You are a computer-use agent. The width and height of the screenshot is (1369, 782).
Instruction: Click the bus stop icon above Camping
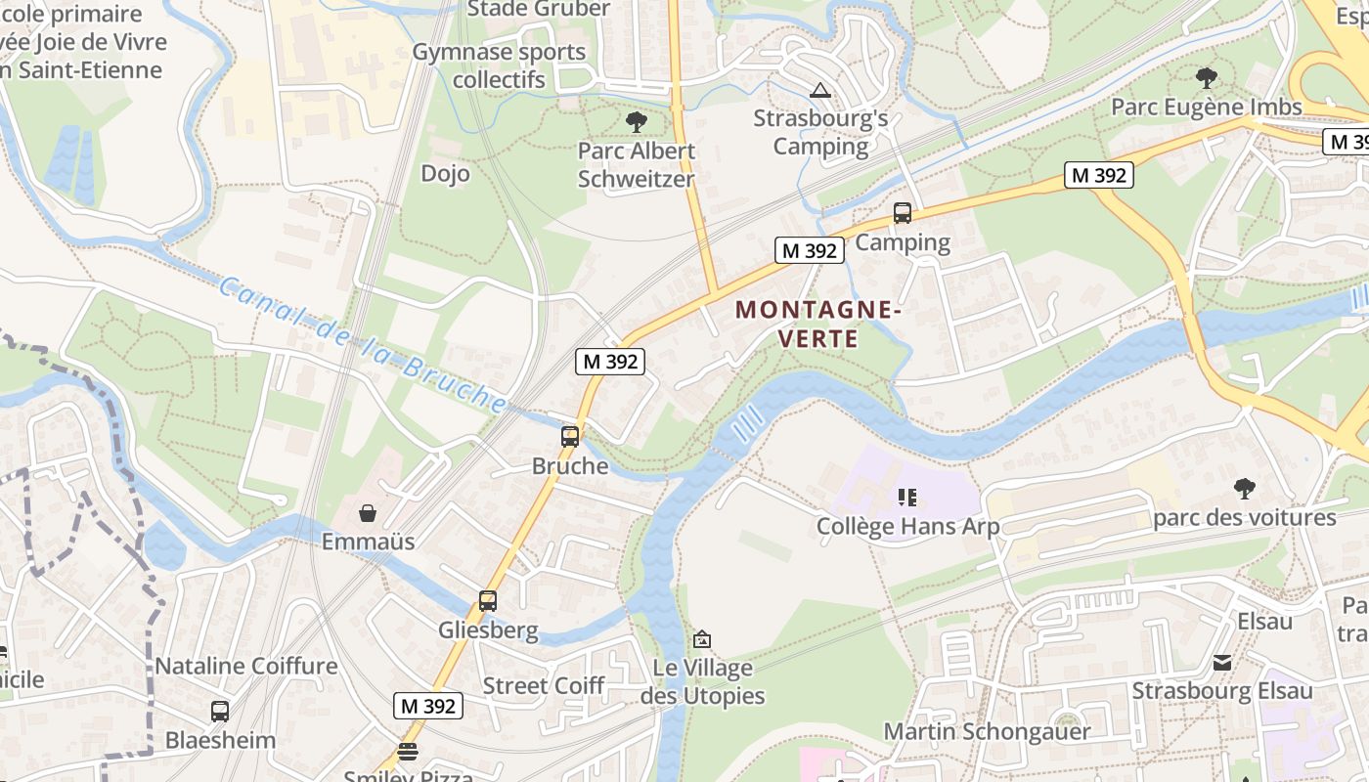[x=903, y=212]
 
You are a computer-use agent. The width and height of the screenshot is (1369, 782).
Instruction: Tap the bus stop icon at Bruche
[x=570, y=436]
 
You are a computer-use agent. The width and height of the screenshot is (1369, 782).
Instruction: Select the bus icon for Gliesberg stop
[x=488, y=600]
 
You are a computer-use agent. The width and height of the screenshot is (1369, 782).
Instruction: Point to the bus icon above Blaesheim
[x=220, y=711]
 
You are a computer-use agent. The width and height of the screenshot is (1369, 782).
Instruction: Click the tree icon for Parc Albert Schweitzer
[x=637, y=122]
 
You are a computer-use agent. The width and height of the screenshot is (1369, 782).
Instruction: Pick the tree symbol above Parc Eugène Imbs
[x=1207, y=77]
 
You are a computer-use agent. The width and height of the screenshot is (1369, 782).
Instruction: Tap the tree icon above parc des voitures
[x=1244, y=488]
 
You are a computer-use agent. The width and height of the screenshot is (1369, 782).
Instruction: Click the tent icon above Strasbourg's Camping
[x=820, y=91]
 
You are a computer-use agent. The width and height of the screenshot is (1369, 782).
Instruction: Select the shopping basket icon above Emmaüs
[x=368, y=513]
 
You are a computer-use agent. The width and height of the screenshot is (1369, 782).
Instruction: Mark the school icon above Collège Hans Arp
[x=907, y=498]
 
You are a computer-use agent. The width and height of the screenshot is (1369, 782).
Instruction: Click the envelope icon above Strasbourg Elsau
[x=1221, y=663]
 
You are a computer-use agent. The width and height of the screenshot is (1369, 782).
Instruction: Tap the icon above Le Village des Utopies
[x=701, y=639]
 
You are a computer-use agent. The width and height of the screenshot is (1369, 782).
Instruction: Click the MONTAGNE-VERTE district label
[x=817, y=325]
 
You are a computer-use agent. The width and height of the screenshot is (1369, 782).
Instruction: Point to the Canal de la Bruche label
[x=362, y=344]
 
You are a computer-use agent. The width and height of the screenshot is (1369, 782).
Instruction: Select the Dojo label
[x=445, y=174]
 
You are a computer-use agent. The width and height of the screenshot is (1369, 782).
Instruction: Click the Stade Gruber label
[x=539, y=10]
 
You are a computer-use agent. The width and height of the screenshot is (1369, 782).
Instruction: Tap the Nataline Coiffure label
[x=246, y=667]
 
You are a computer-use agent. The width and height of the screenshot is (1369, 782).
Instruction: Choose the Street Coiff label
[x=544, y=685]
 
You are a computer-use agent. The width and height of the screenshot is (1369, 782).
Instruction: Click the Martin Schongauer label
[x=987, y=731]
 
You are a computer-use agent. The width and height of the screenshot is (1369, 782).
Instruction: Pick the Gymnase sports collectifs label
[x=499, y=65]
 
